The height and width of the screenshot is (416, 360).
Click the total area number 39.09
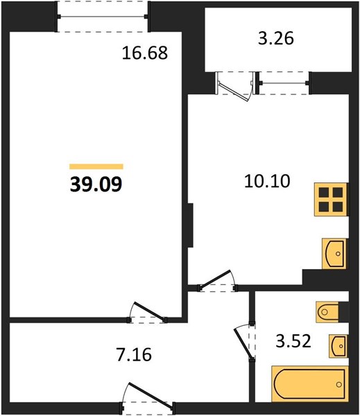(96, 184)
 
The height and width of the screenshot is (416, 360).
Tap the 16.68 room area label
(145, 53)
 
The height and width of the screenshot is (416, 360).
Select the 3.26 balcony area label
(276, 38)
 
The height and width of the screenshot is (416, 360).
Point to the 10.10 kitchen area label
(267, 181)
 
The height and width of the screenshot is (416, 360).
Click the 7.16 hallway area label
(134, 354)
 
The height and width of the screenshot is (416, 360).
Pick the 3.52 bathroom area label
(293, 341)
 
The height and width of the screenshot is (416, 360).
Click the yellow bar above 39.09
(96, 166)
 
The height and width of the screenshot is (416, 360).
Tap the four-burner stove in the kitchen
(331, 200)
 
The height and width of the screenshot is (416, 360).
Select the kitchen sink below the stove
(334, 253)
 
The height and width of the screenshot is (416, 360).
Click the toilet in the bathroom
(328, 312)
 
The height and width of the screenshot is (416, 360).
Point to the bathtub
(310, 383)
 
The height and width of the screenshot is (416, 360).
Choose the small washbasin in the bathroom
(338, 346)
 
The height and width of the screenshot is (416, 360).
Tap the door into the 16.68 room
(148, 313)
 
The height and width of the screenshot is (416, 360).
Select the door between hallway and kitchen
(217, 281)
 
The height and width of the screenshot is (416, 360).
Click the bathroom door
(245, 343)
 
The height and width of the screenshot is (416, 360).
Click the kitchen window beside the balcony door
(284, 83)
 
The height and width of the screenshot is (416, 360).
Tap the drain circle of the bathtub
(338, 384)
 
